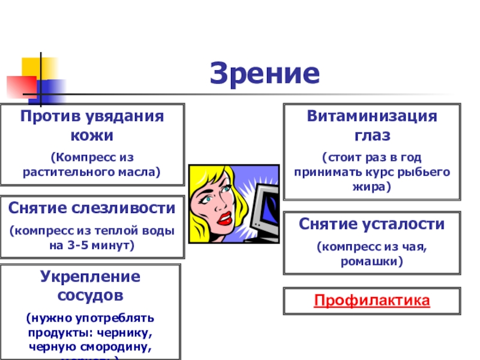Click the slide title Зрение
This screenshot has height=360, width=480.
tap(265, 74)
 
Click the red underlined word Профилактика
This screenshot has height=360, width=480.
tap(372, 300)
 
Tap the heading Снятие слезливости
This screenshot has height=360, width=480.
tap(92, 208)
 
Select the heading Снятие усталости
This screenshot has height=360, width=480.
tap(372, 224)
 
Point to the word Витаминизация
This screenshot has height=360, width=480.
tap(372, 116)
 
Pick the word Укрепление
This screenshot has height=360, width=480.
tap(91, 277)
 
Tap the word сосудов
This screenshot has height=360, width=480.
tap(91, 295)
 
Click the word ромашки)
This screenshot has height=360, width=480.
tap(372, 262)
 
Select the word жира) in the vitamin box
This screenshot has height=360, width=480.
tap(372, 187)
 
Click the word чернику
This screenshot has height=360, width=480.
tap(124, 332)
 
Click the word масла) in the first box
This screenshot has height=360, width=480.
tap(137, 172)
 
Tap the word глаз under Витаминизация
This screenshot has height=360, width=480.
tap(372, 135)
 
